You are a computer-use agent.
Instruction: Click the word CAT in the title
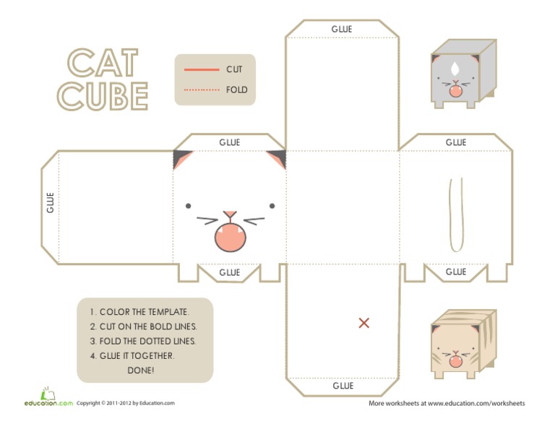pyautogui.click(x=102, y=63)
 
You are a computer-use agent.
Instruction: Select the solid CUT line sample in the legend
pyautogui.click(x=202, y=69)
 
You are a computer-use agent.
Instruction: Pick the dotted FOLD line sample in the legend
pyautogui.click(x=202, y=90)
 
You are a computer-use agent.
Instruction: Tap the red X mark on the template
pyautogui.click(x=364, y=323)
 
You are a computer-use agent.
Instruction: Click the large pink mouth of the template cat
pyautogui.click(x=230, y=237)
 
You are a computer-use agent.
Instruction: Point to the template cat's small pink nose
pyautogui.click(x=230, y=214)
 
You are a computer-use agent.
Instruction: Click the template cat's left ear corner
pyautogui.click(x=180, y=158)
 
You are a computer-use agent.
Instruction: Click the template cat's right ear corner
pyautogui.click(x=277, y=158)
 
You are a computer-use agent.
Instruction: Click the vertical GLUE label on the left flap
pyautogui.click(x=50, y=202)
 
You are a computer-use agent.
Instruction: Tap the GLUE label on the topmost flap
pyautogui.click(x=342, y=29)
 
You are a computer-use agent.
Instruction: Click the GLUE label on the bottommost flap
pyautogui.click(x=343, y=386)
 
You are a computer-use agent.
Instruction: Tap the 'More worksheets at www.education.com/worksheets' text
pyautogui.click(x=447, y=403)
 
